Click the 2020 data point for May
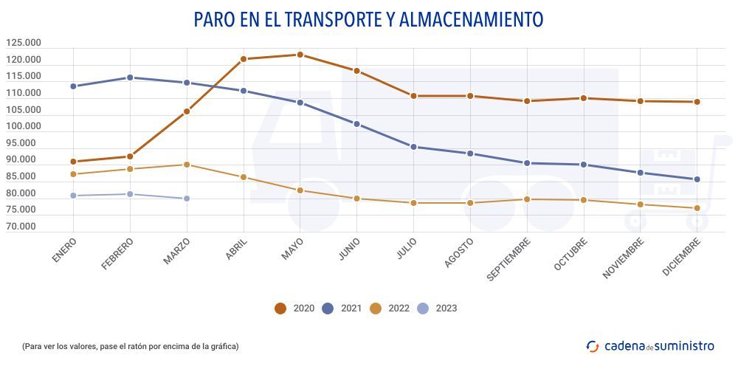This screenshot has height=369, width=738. pyautogui.click(x=300, y=55)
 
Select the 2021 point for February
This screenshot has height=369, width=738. pyautogui.click(x=130, y=77)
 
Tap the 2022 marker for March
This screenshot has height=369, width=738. pyautogui.click(x=187, y=165)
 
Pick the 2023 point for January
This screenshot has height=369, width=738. pyautogui.click(x=73, y=196)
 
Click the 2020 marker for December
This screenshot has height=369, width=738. pyautogui.click(x=697, y=102)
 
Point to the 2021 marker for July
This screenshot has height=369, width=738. pyautogui.click(x=413, y=147)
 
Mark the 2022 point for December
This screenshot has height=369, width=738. pyautogui.click(x=697, y=208)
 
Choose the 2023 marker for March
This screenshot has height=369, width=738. pyautogui.click(x=187, y=199)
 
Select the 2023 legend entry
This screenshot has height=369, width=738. pyautogui.click(x=436, y=308)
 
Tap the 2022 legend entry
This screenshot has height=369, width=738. pyautogui.click(x=389, y=308)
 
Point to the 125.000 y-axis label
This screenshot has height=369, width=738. pyautogui.click(x=24, y=43)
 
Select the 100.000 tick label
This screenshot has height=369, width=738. pyautogui.click(x=24, y=126)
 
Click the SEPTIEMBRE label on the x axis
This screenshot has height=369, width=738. pyautogui.click(x=508, y=259)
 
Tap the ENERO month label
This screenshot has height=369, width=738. pyautogui.click(x=64, y=249)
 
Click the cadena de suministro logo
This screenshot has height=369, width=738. pyautogui.click(x=650, y=345)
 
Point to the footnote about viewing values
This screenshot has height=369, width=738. pyautogui.click(x=131, y=346)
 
